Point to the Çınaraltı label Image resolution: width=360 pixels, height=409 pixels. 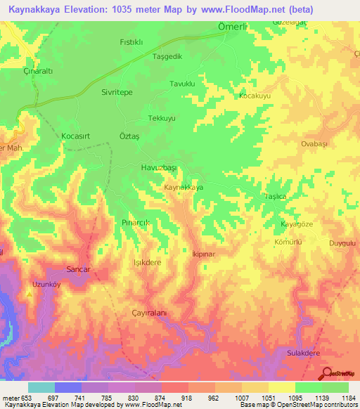pos(39,71)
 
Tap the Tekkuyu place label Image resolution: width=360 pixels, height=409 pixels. pos(162,118)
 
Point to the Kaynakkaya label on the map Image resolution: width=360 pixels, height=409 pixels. pos(184,188)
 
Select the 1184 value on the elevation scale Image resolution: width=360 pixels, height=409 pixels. pos(346,398)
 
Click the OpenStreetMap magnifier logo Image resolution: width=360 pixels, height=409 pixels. pos(326,373)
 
